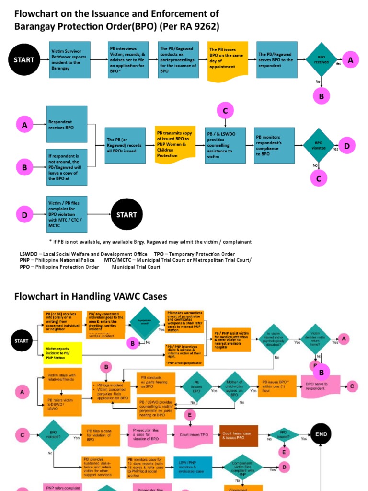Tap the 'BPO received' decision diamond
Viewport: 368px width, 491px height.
click(321, 60)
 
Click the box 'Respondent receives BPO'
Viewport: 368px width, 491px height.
click(67, 125)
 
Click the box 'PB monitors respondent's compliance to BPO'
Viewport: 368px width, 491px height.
click(274, 145)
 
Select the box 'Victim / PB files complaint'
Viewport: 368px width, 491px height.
click(67, 214)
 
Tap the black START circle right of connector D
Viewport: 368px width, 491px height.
click(126, 215)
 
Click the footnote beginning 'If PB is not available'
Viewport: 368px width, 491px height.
click(150, 242)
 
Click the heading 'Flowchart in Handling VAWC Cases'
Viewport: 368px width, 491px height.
click(91, 296)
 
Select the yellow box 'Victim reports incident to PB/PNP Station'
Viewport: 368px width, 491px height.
click(63, 353)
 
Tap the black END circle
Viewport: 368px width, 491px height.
click(321, 434)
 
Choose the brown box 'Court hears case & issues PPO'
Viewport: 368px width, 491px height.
click(239, 435)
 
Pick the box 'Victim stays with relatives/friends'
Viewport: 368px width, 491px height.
click(62, 378)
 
